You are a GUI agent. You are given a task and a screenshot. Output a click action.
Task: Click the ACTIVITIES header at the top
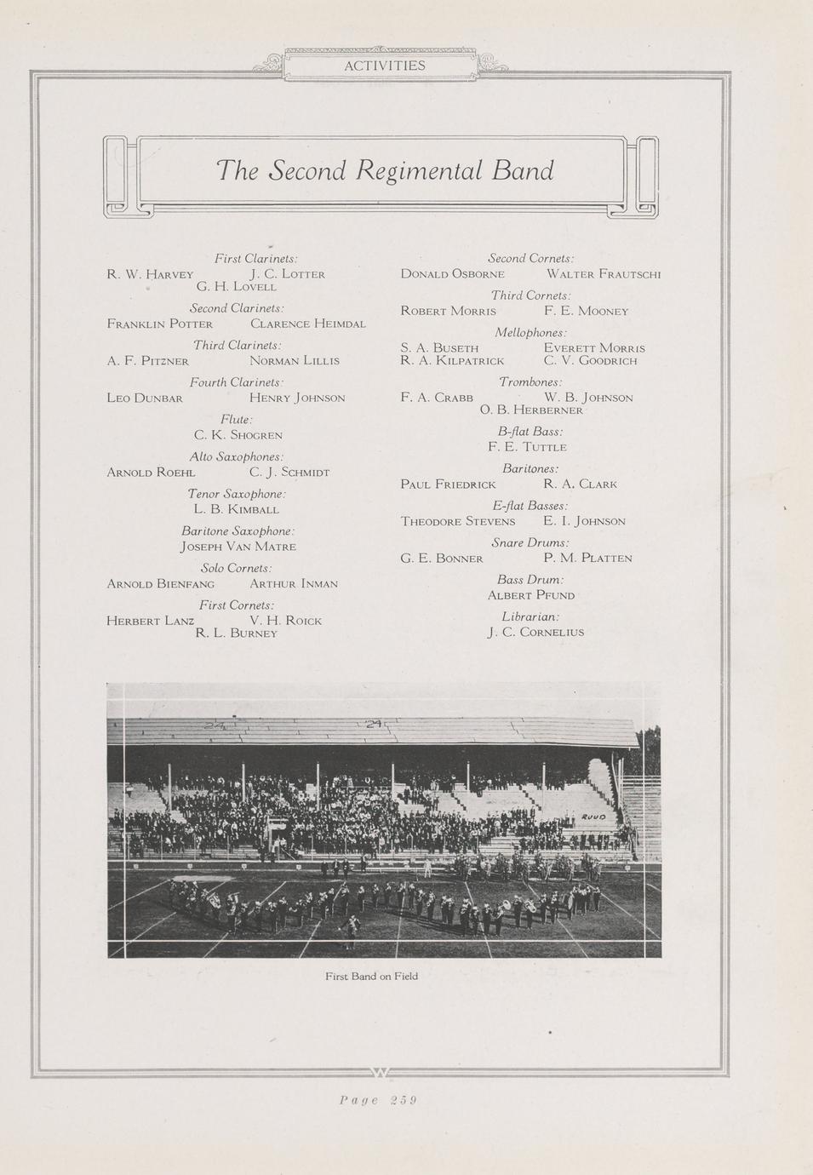384,66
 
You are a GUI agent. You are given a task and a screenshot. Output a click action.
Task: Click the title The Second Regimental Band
385,170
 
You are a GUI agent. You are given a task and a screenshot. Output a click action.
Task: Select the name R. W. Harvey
150,274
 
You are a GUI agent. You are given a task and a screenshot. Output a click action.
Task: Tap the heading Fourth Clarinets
236,382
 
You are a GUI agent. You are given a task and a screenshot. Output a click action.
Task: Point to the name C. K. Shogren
238,435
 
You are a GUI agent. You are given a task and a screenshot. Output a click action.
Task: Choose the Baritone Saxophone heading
238,530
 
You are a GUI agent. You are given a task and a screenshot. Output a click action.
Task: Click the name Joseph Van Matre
238,547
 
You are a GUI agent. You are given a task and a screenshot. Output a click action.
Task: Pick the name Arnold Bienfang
160,584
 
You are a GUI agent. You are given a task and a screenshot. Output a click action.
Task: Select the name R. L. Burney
237,633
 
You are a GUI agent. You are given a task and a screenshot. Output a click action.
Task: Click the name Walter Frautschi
603,274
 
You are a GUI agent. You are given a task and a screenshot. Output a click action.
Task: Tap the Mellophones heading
530,333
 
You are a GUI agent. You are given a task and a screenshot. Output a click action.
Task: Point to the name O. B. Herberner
531,410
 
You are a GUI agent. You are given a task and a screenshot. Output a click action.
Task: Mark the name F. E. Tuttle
527,447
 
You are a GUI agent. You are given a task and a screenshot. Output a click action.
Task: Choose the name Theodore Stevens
458,521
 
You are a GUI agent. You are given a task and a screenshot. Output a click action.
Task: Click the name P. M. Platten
587,559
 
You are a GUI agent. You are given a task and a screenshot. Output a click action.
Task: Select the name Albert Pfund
530,595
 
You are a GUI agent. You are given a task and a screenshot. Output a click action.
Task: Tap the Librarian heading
530,616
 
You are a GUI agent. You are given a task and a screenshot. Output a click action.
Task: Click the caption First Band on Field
371,976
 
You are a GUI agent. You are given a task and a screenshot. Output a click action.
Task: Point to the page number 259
377,1099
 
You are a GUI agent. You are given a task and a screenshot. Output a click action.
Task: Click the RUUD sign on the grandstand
593,817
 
